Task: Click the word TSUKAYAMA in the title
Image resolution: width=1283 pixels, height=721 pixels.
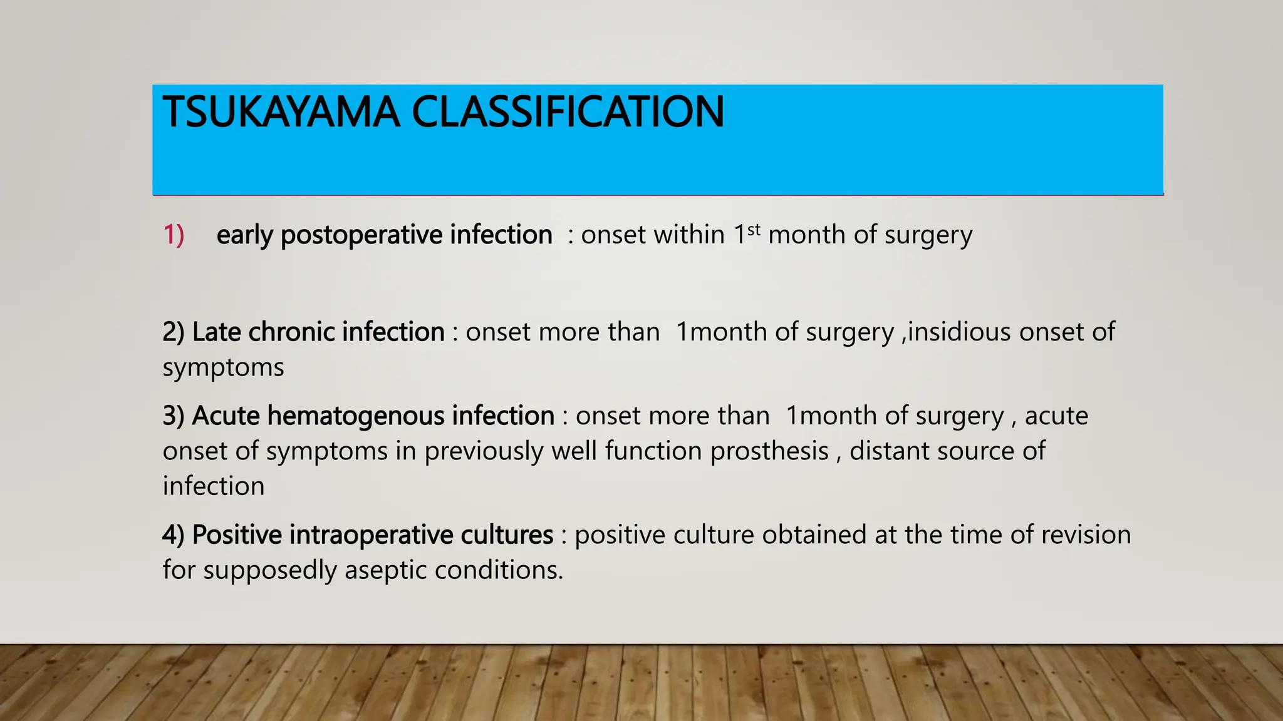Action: pyautogui.click(x=281, y=113)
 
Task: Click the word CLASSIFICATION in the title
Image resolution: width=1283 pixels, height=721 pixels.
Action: pyautogui.click(x=567, y=113)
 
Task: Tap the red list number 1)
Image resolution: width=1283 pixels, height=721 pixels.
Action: pyautogui.click(x=174, y=235)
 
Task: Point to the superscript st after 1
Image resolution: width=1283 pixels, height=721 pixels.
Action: pyautogui.click(x=754, y=229)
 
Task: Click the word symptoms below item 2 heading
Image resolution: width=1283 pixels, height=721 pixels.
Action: pyautogui.click(x=223, y=367)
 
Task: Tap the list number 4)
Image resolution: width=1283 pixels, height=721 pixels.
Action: pyautogui.click(x=174, y=535)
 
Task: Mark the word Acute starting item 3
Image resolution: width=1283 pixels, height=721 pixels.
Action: pyautogui.click(x=226, y=416)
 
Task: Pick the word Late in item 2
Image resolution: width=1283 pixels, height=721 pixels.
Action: pyautogui.click(x=216, y=332)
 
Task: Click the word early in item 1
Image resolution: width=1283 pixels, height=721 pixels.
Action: pyautogui.click(x=245, y=235)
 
